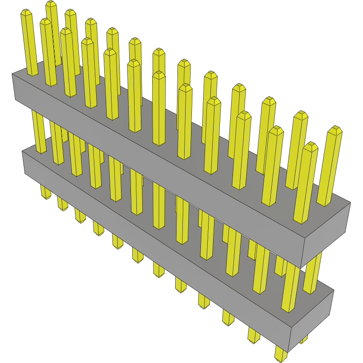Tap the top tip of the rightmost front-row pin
click(x=311, y=145)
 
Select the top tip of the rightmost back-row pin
click(x=335, y=130)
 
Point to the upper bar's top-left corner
click(x=13, y=74)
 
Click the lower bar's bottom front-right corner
click(x=290, y=348)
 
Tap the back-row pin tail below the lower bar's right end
click(x=303, y=339)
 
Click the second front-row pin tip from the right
click(x=276, y=130)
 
